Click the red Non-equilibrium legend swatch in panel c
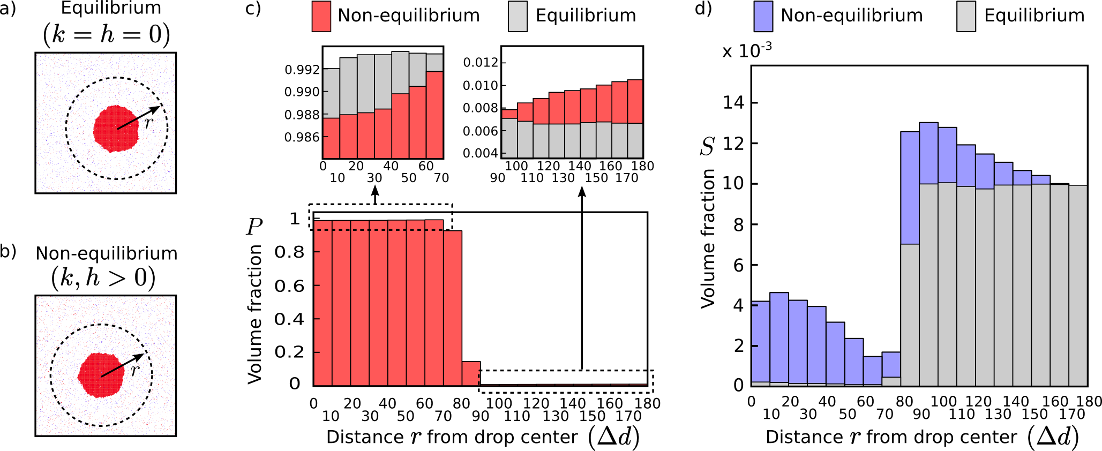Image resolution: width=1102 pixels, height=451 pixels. click(321, 16)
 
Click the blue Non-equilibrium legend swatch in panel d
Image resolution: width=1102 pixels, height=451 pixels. click(763, 16)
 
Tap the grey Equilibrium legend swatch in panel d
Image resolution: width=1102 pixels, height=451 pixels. click(966, 16)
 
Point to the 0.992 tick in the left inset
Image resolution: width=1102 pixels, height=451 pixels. click(302, 70)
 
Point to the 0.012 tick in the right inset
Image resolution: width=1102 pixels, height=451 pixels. click(481, 63)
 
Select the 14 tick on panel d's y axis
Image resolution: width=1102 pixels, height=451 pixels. click(733, 102)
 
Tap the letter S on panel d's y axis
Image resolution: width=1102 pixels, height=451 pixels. click(707, 146)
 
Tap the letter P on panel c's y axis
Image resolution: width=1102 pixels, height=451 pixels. click(254, 227)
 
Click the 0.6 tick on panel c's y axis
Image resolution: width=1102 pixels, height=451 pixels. click(289, 286)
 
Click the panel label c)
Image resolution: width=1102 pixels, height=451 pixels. click(253, 9)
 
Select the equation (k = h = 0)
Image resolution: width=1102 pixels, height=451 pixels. click(106, 34)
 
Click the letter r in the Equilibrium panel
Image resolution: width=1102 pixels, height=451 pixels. click(149, 122)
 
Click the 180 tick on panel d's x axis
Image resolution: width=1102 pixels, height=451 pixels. click(1089, 401)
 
